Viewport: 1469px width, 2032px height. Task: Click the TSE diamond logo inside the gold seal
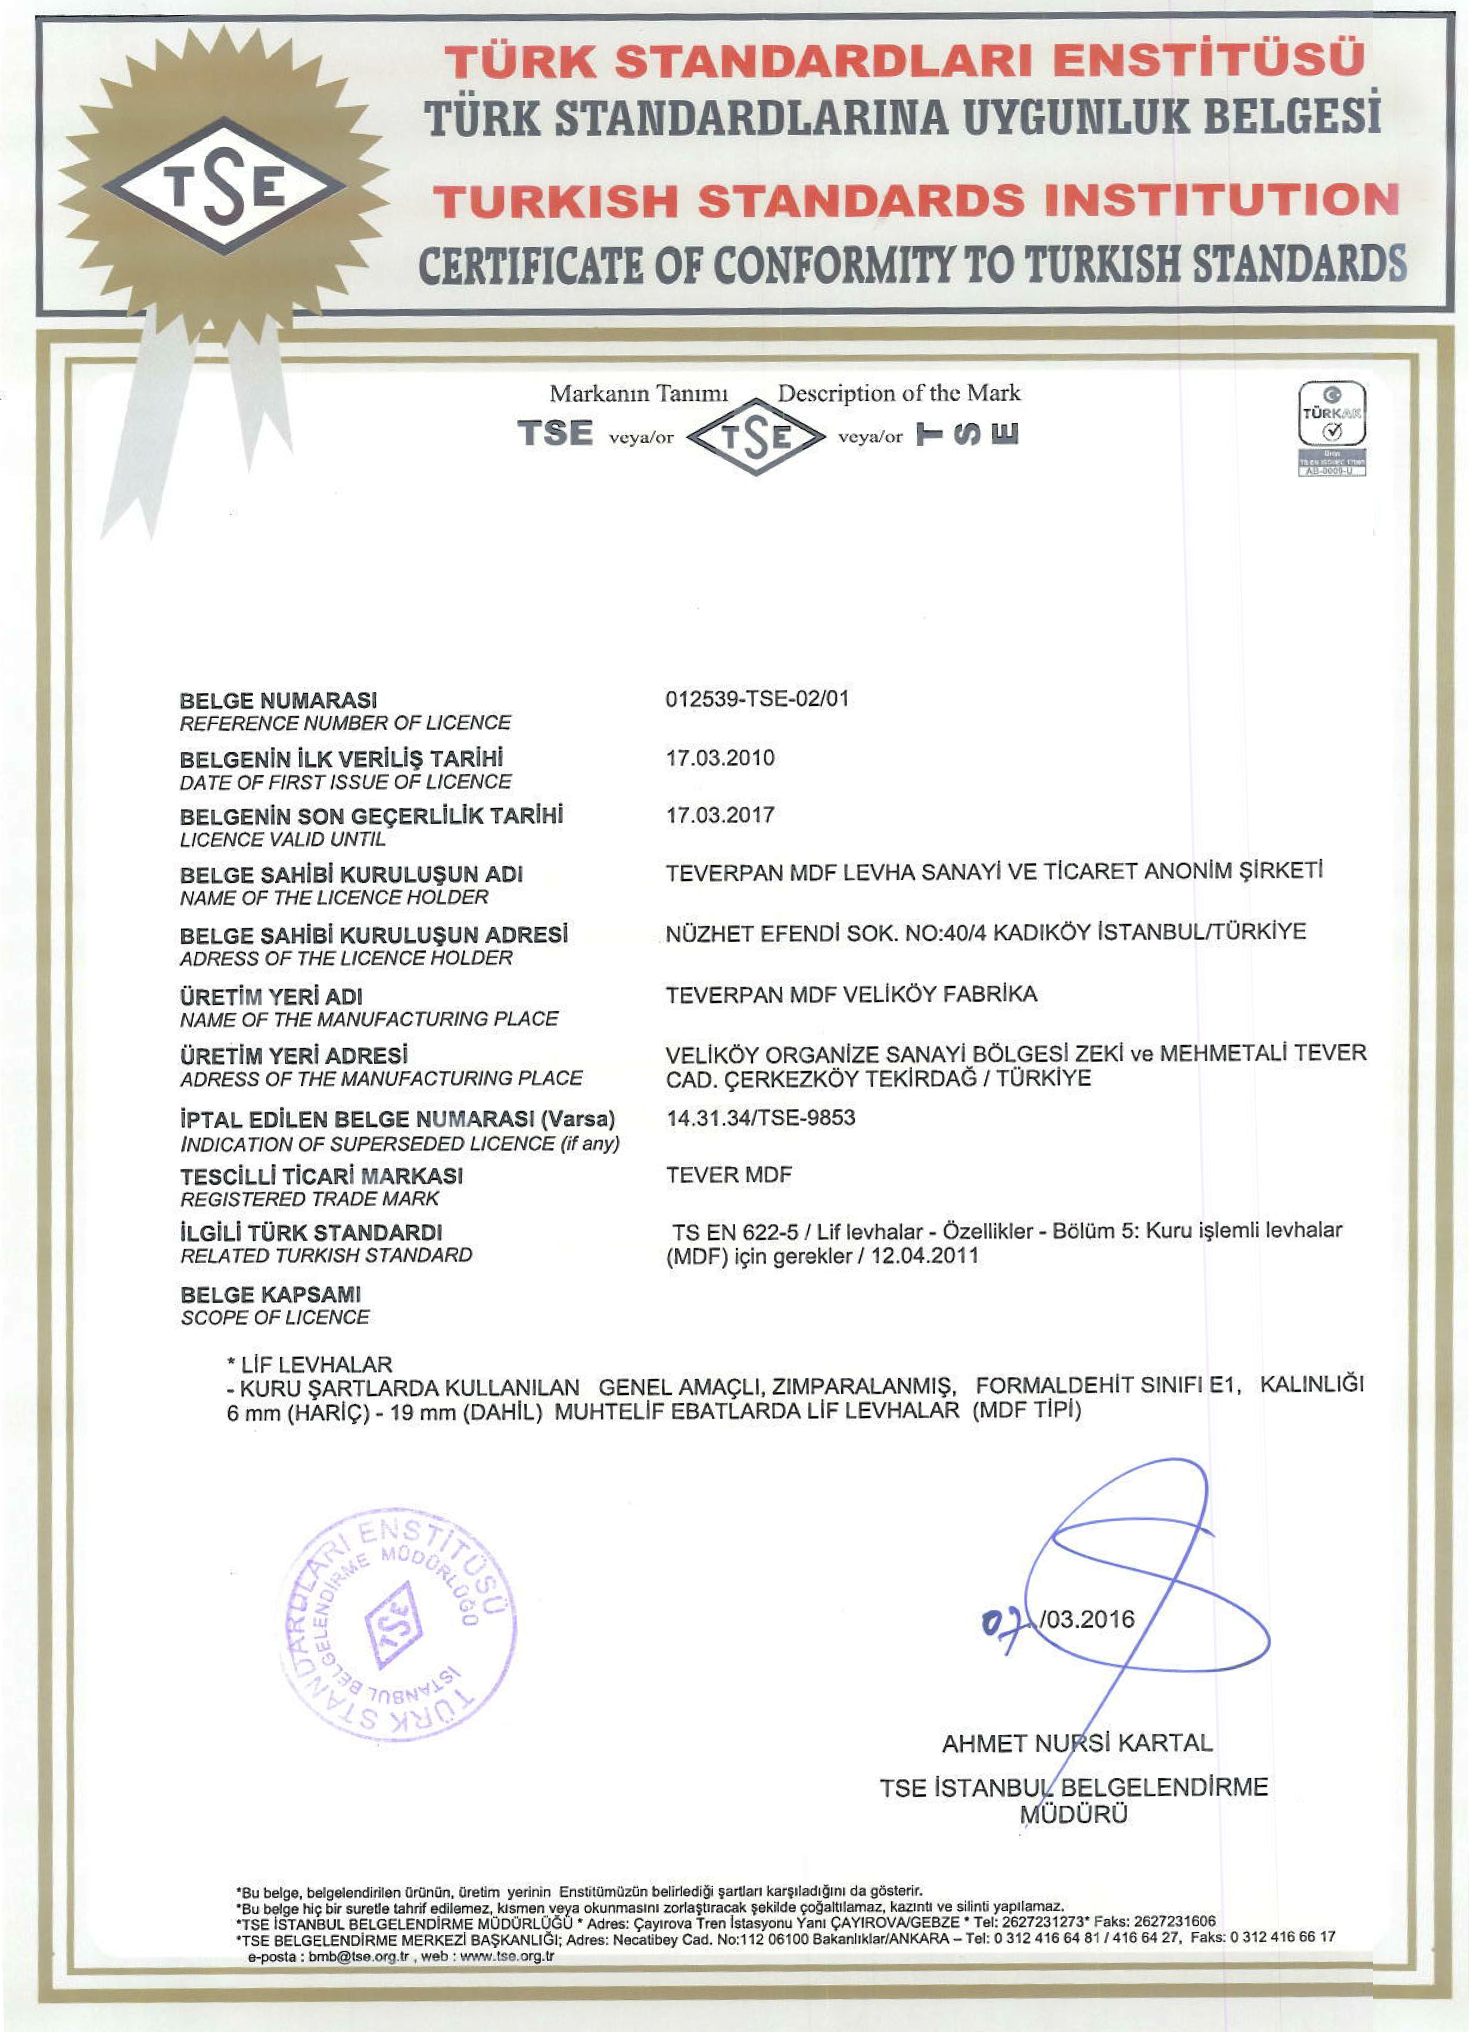click(223, 186)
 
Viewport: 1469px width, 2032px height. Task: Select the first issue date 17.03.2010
click(720, 758)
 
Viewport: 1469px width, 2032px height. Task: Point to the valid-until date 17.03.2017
click(720, 815)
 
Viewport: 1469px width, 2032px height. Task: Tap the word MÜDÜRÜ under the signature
click(1073, 1814)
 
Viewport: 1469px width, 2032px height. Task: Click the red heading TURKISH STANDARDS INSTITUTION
click(916, 200)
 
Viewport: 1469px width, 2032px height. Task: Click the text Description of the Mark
click(898, 393)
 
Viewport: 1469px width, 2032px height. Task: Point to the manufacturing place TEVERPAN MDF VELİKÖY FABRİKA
click(851, 993)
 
